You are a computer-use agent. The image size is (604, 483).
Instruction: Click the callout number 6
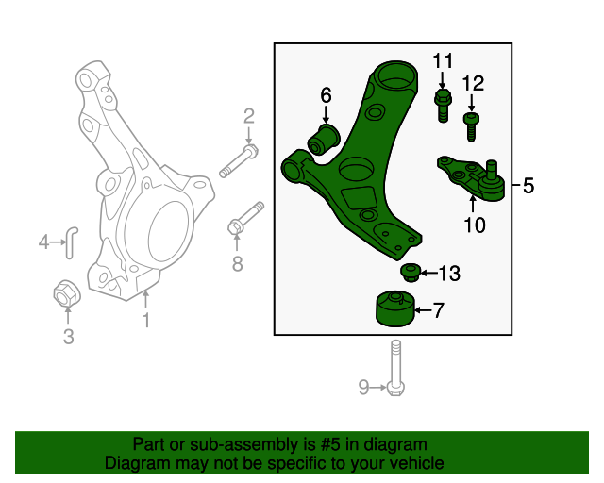click(x=327, y=94)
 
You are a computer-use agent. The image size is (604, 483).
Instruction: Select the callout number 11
click(x=444, y=62)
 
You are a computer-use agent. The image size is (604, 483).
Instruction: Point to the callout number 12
click(x=474, y=84)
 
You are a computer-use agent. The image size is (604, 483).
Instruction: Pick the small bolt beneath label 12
click(x=472, y=126)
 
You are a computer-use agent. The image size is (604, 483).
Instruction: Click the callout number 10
click(x=474, y=225)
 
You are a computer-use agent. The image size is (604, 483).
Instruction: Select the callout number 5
click(x=528, y=187)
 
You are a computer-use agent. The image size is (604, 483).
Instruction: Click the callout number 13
click(x=449, y=274)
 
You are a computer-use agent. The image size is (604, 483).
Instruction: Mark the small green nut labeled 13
click(x=411, y=273)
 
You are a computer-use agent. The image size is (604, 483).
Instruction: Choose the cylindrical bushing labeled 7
click(x=394, y=309)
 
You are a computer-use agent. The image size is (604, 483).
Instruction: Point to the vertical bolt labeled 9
click(x=394, y=368)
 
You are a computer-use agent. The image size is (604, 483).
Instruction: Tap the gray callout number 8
click(x=237, y=264)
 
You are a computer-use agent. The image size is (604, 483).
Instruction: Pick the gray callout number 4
click(x=43, y=242)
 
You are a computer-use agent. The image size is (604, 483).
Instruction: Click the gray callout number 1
click(x=146, y=322)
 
